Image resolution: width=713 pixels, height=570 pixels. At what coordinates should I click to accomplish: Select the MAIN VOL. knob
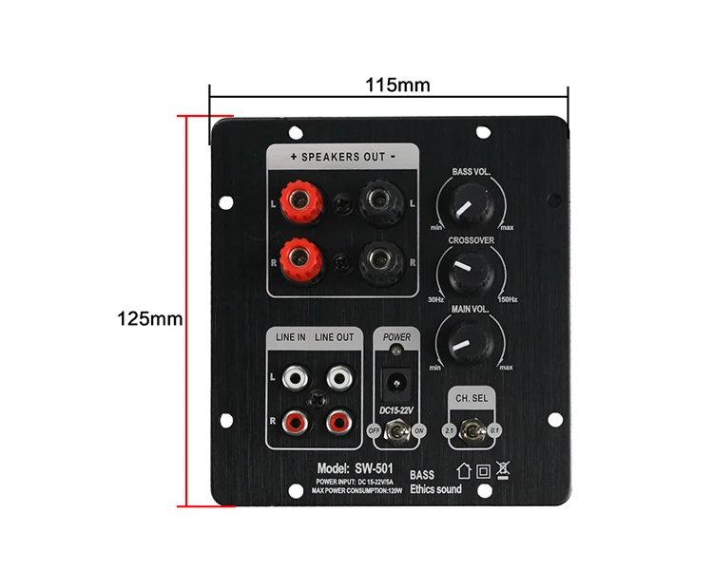(x=466, y=340)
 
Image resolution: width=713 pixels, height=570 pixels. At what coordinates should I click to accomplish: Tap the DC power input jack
(x=397, y=385)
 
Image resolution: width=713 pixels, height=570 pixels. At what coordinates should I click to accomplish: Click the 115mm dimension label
(x=397, y=85)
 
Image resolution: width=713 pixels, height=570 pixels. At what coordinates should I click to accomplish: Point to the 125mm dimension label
(x=149, y=318)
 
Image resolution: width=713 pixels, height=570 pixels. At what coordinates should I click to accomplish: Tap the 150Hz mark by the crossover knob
(x=507, y=300)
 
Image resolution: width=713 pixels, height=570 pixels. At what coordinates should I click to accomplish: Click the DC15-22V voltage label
(x=397, y=411)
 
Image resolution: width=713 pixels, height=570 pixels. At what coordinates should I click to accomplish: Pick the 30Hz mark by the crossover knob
(x=435, y=300)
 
